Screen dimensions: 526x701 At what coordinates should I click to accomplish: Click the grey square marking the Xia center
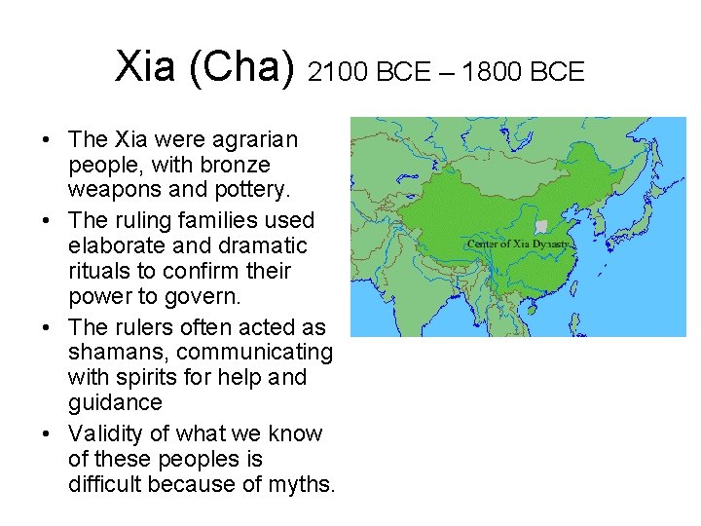coord(541,227)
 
